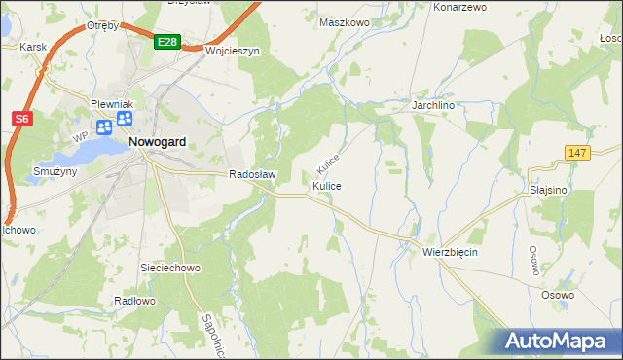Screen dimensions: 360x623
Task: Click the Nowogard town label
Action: (x=157, y=141)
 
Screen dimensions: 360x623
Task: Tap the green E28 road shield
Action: (x=166, y=42)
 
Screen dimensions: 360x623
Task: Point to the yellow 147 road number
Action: (x=578, y=153)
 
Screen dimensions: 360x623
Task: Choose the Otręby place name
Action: (x=102, y=25)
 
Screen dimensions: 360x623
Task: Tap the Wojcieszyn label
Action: (x=233, y=52)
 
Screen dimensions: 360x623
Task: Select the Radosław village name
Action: (x=253, y=175)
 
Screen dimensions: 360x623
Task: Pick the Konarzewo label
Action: (x=458, y=7)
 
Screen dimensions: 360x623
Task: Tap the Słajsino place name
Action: (x=548, y=191)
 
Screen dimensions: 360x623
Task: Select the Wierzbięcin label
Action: (x=451, y=251)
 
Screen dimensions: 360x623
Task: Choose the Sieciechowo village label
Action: (x=170, y=266)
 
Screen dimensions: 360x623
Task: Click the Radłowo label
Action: (x=134, y=301)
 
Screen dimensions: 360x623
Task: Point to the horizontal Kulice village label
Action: (x=326, y=185)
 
